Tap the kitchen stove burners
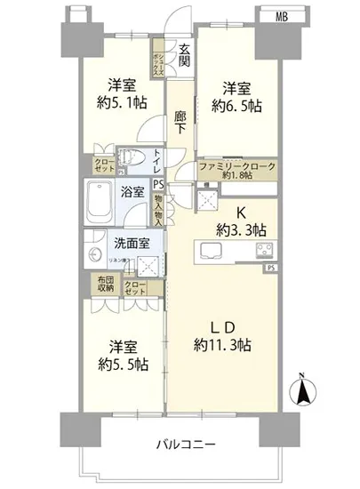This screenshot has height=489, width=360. pyautogui.click(x=263, y=248)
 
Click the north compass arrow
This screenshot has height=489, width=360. pyautogui.click(x=304, y=388)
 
